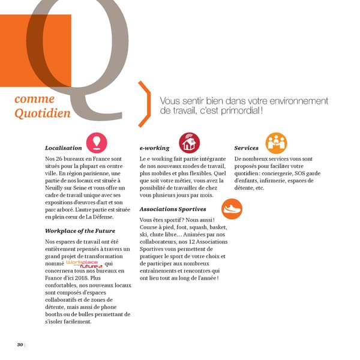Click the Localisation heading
63,148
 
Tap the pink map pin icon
96,142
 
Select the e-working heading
154,148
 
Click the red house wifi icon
190,143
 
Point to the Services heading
246,148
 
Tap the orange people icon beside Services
276,142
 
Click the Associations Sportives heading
173,209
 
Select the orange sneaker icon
231,209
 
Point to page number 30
20,344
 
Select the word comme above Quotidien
34,99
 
